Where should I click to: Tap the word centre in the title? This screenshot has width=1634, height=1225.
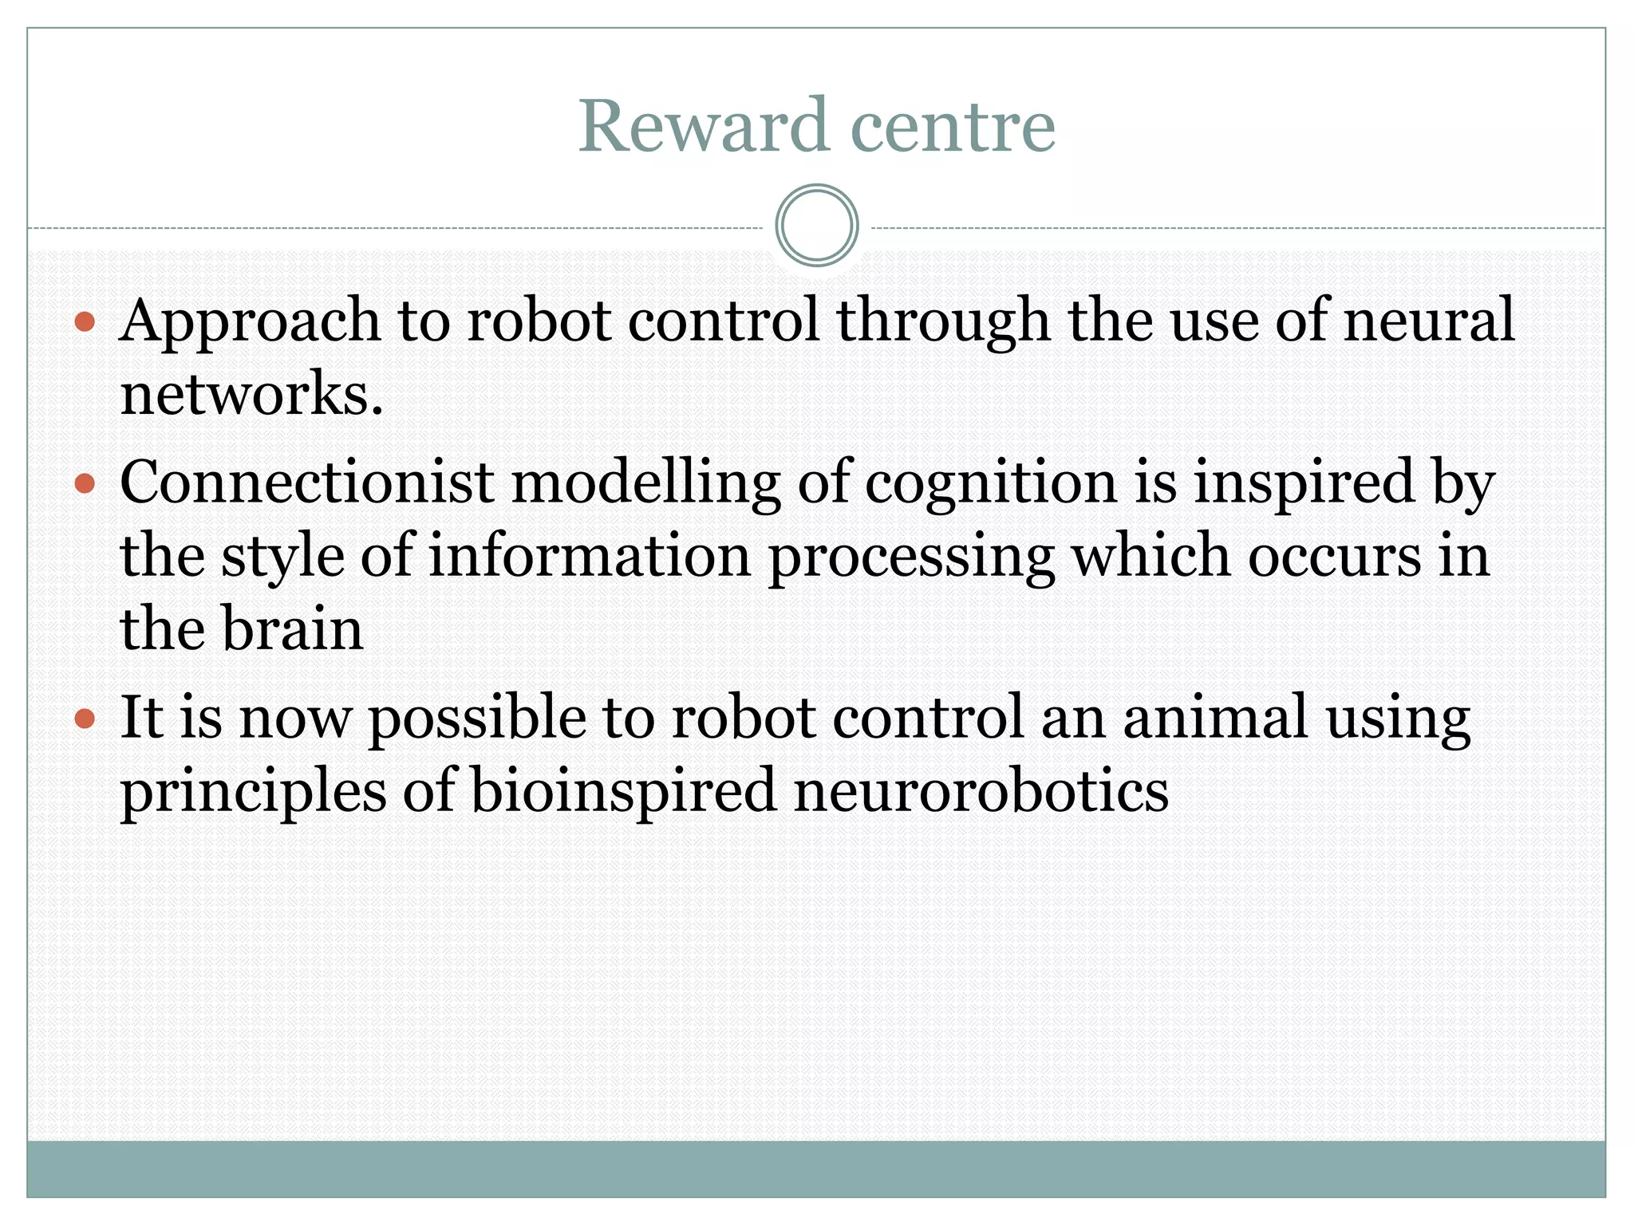pos(953,128)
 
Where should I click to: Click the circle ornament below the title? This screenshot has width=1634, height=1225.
pos(816,226)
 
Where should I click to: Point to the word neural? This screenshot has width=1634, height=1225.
pos(1429,321)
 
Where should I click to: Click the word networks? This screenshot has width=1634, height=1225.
pos(251,395)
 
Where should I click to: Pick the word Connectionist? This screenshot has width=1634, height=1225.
pos(306,483)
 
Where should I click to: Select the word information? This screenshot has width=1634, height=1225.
pos(590,556)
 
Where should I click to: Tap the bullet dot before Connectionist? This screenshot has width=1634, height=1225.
pos(85,483)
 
